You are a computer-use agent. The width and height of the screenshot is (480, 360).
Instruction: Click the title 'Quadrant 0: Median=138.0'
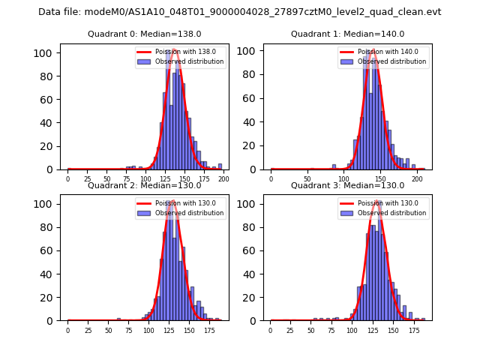[144, 34]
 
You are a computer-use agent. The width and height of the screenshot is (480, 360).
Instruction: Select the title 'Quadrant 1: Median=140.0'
[347, 34]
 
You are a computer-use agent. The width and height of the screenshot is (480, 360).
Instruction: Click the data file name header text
[240, 12]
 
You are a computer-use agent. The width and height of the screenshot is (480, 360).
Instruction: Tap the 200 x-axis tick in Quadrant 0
[223, 179]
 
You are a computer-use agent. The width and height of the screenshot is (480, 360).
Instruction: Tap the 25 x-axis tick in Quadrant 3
[291, 330]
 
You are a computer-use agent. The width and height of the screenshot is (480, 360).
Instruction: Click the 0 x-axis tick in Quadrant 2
[67, 330]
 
